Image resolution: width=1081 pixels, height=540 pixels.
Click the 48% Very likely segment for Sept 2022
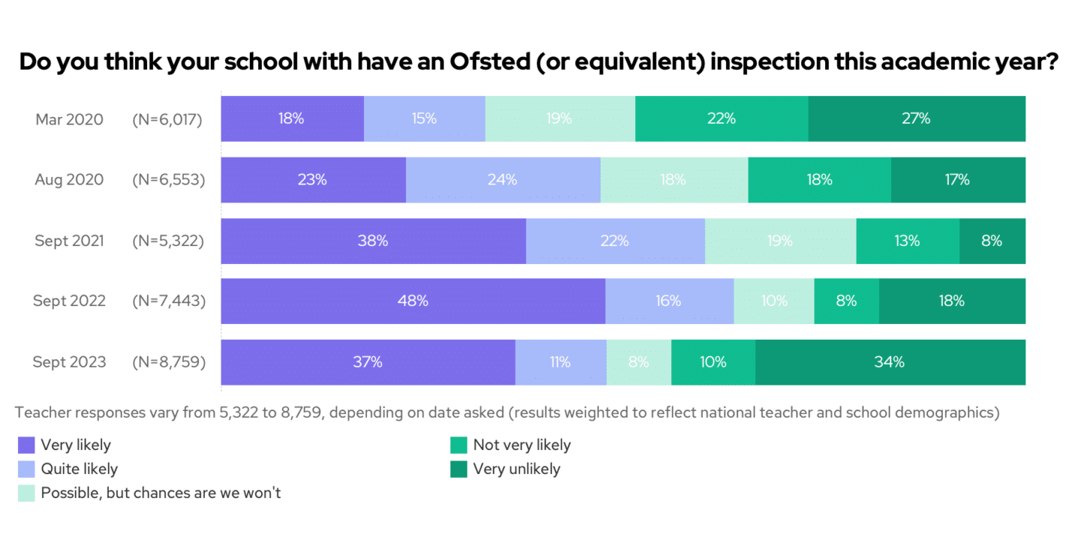(413, 301)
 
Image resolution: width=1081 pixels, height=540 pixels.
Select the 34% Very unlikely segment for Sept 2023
(890, 362)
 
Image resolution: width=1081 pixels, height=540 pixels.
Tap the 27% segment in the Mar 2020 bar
(917, 118)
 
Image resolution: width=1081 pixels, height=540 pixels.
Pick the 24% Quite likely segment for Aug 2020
(502, 180)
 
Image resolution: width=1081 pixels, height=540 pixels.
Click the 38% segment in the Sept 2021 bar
(373, 241)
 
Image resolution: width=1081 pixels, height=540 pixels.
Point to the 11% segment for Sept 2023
(560, 362)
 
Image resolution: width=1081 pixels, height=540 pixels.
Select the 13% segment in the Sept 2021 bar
(907, 241)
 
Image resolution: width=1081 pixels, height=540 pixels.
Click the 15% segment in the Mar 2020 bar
(424, 118)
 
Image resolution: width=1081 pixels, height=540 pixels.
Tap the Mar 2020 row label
(69, 118)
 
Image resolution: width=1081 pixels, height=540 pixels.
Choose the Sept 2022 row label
(69, 301)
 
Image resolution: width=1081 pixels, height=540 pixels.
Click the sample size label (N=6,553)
(167, 180)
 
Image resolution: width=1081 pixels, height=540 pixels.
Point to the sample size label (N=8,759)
(167, 362)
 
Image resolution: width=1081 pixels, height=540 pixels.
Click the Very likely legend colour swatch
(26, 445)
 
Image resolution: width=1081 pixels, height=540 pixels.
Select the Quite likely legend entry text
(79, 469)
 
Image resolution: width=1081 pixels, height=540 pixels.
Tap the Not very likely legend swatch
(458, 445)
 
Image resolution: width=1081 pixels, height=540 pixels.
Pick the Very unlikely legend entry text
(516, 469)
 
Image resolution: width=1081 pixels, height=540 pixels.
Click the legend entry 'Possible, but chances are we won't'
(161, 493)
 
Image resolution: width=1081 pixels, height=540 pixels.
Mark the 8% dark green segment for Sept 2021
(992, 241)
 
